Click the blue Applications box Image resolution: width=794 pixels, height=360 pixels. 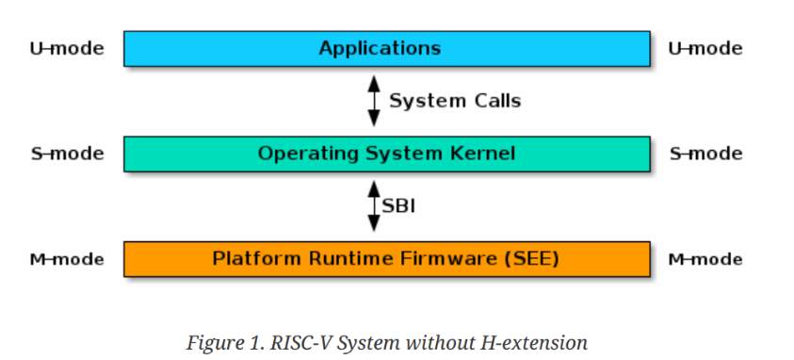[386, 48]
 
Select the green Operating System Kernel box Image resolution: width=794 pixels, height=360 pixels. [386, 154]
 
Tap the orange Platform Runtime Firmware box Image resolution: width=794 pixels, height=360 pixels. [386, 258]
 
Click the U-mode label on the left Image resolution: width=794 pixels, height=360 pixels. [67, 48]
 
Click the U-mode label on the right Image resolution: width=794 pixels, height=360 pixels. [705, 48]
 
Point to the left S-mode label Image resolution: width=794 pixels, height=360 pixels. [67, 154]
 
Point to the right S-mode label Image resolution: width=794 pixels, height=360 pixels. [705, 154]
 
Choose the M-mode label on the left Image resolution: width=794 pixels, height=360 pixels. [67, 259]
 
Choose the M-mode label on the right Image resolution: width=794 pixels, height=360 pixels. [705, 259]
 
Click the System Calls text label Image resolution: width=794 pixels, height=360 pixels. [455, 101]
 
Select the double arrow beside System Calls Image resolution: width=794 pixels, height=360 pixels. [374, 101]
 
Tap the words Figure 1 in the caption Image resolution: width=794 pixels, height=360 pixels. [220, 343]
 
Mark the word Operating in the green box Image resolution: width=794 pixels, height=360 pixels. [300, 154]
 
